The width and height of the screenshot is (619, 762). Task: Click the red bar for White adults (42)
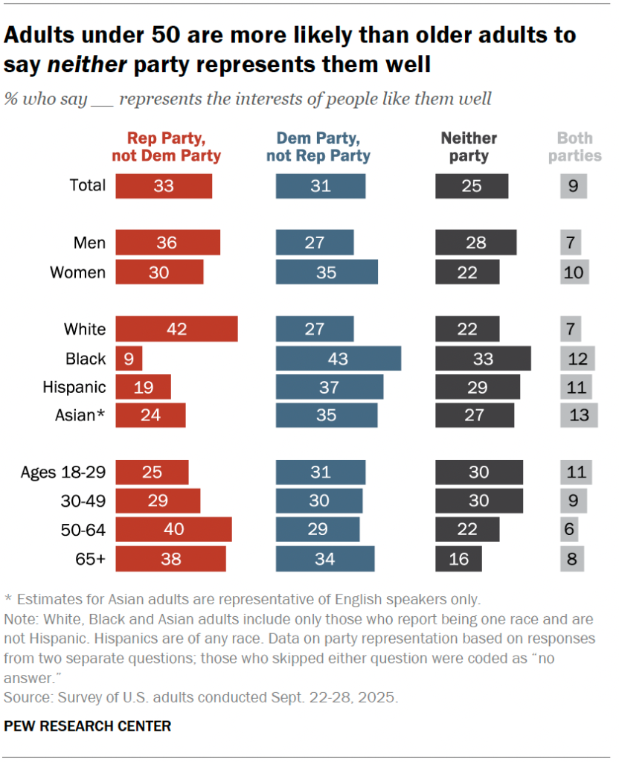pos(176,329)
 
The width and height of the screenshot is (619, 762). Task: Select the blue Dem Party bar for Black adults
pos(338,359)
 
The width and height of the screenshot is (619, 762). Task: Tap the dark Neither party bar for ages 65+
pos(458,558)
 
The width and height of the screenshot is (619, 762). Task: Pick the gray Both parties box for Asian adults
pos(579,415)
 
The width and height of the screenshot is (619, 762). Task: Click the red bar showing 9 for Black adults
pos(129,359)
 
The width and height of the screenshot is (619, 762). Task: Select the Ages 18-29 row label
pos(63,472)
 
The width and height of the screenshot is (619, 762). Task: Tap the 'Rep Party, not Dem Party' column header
pos(166,147)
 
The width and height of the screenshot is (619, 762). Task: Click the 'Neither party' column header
pos(469,147)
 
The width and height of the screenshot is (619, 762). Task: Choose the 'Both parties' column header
pos(579,147)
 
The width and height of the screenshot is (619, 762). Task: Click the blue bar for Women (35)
pos(327,272)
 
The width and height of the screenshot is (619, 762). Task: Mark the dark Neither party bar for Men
pos(475,243)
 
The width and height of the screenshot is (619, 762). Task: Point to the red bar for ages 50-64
pos(173,530)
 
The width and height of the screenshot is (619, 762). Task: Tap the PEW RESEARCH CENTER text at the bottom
pos(88,726)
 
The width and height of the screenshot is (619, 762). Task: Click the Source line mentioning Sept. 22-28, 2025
pos(201,698)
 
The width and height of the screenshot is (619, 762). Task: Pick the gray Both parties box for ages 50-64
pos(569,530)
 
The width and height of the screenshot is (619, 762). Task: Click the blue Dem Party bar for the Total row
pos(321,186)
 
